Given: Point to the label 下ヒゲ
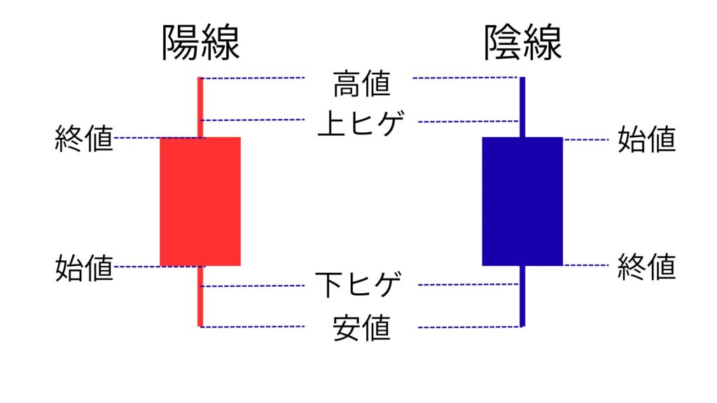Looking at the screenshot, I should tap(358, 285).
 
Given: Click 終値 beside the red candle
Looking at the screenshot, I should tap(84, 139).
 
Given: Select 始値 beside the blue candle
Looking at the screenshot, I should tap(646, 139).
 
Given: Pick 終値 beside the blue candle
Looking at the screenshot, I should tap(646, 267).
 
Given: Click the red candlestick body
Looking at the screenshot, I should tap(200, 201).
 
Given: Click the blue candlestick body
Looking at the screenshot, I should tap(522, 201).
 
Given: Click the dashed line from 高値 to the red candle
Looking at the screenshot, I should tap(252, 78).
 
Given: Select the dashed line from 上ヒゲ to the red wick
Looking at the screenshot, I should tap(252, 120).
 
